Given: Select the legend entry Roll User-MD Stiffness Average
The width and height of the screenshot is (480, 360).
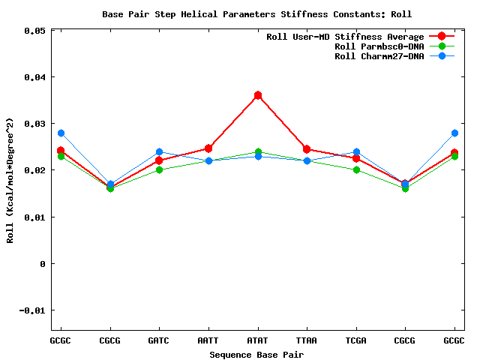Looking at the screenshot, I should (x=345, y=37).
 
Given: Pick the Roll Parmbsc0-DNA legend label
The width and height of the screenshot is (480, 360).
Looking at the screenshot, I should (x=379, y=46).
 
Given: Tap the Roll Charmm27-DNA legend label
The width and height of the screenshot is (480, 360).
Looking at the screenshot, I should (x=379, y=56).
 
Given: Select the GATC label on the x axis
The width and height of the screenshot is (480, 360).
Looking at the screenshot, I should (x=159, y=340).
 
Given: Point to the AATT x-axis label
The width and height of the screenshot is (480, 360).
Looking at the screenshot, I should (x=208, y=340).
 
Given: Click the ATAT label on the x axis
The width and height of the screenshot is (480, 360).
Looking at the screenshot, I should (x=257, y=340).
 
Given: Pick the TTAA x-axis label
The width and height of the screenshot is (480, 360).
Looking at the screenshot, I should (x=307, y=340).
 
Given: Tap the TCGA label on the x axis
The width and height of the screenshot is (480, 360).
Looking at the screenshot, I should (x=355, y=340).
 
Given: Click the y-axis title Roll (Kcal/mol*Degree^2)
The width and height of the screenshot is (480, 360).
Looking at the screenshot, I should (x=10, y=180).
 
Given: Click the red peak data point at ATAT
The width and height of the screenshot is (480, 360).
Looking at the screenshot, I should (x=258, y=95).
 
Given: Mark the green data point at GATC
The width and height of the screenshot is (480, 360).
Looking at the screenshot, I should (x=159, y=169).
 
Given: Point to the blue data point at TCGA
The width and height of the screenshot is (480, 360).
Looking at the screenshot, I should (x=356, y=152).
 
